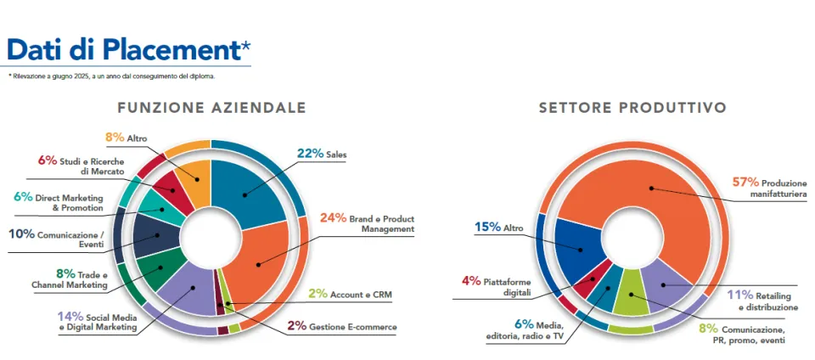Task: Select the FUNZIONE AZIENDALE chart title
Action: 211,109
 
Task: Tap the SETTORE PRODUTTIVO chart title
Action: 632,109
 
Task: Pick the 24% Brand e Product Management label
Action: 366,222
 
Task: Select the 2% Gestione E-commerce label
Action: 352,326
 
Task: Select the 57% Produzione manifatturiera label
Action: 769,187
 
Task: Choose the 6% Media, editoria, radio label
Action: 524,330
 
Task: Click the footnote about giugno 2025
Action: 111,76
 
